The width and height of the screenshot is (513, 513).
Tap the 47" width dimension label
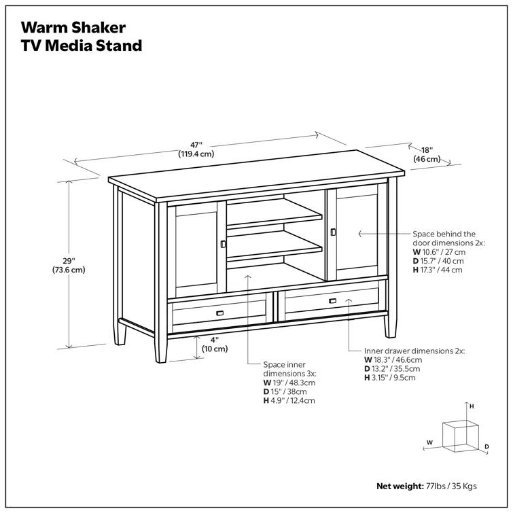click(196, 149)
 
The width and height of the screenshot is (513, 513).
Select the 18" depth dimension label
click(427, 154)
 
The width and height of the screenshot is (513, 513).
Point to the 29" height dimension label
click(69, 265)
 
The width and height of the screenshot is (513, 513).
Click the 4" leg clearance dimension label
click(214, 344)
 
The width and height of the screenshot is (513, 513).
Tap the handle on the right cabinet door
click(332, 232)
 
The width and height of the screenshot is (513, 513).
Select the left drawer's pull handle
click(219, 313)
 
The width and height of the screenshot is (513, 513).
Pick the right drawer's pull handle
click(332, 301)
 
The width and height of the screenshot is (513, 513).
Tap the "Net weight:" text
click(400, 487)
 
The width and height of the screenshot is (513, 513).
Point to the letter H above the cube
click(471, 406)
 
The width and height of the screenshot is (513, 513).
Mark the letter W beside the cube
click(429, 442)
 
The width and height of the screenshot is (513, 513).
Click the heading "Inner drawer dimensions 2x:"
click(414, 351)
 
